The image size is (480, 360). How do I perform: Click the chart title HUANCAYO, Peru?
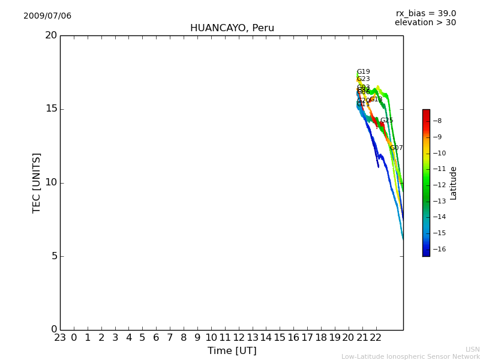[232, 28]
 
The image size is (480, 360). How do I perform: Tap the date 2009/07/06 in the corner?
[47, 16]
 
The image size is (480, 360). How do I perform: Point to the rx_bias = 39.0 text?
[425, 14]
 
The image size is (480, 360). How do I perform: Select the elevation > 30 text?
[425, 23]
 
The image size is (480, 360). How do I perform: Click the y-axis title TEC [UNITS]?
[37, 182]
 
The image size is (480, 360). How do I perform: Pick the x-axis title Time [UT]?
[232, 351]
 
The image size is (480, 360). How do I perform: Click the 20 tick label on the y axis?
[51, 35]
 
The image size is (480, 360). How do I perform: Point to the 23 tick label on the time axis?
[60, 338]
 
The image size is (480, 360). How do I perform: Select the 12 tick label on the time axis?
[239, 338]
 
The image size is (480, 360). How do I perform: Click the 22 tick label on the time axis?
[376, 338]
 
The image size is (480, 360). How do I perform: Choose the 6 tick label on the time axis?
[156, 338]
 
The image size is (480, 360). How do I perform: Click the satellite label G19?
[363, 72]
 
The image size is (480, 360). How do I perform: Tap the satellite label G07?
[396, 148]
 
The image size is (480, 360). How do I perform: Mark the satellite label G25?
[386, 121]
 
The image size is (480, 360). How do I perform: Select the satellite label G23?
[363, 79]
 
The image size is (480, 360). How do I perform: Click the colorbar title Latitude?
[454, 183]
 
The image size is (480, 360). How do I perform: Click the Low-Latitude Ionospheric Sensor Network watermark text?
[410, 357]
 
